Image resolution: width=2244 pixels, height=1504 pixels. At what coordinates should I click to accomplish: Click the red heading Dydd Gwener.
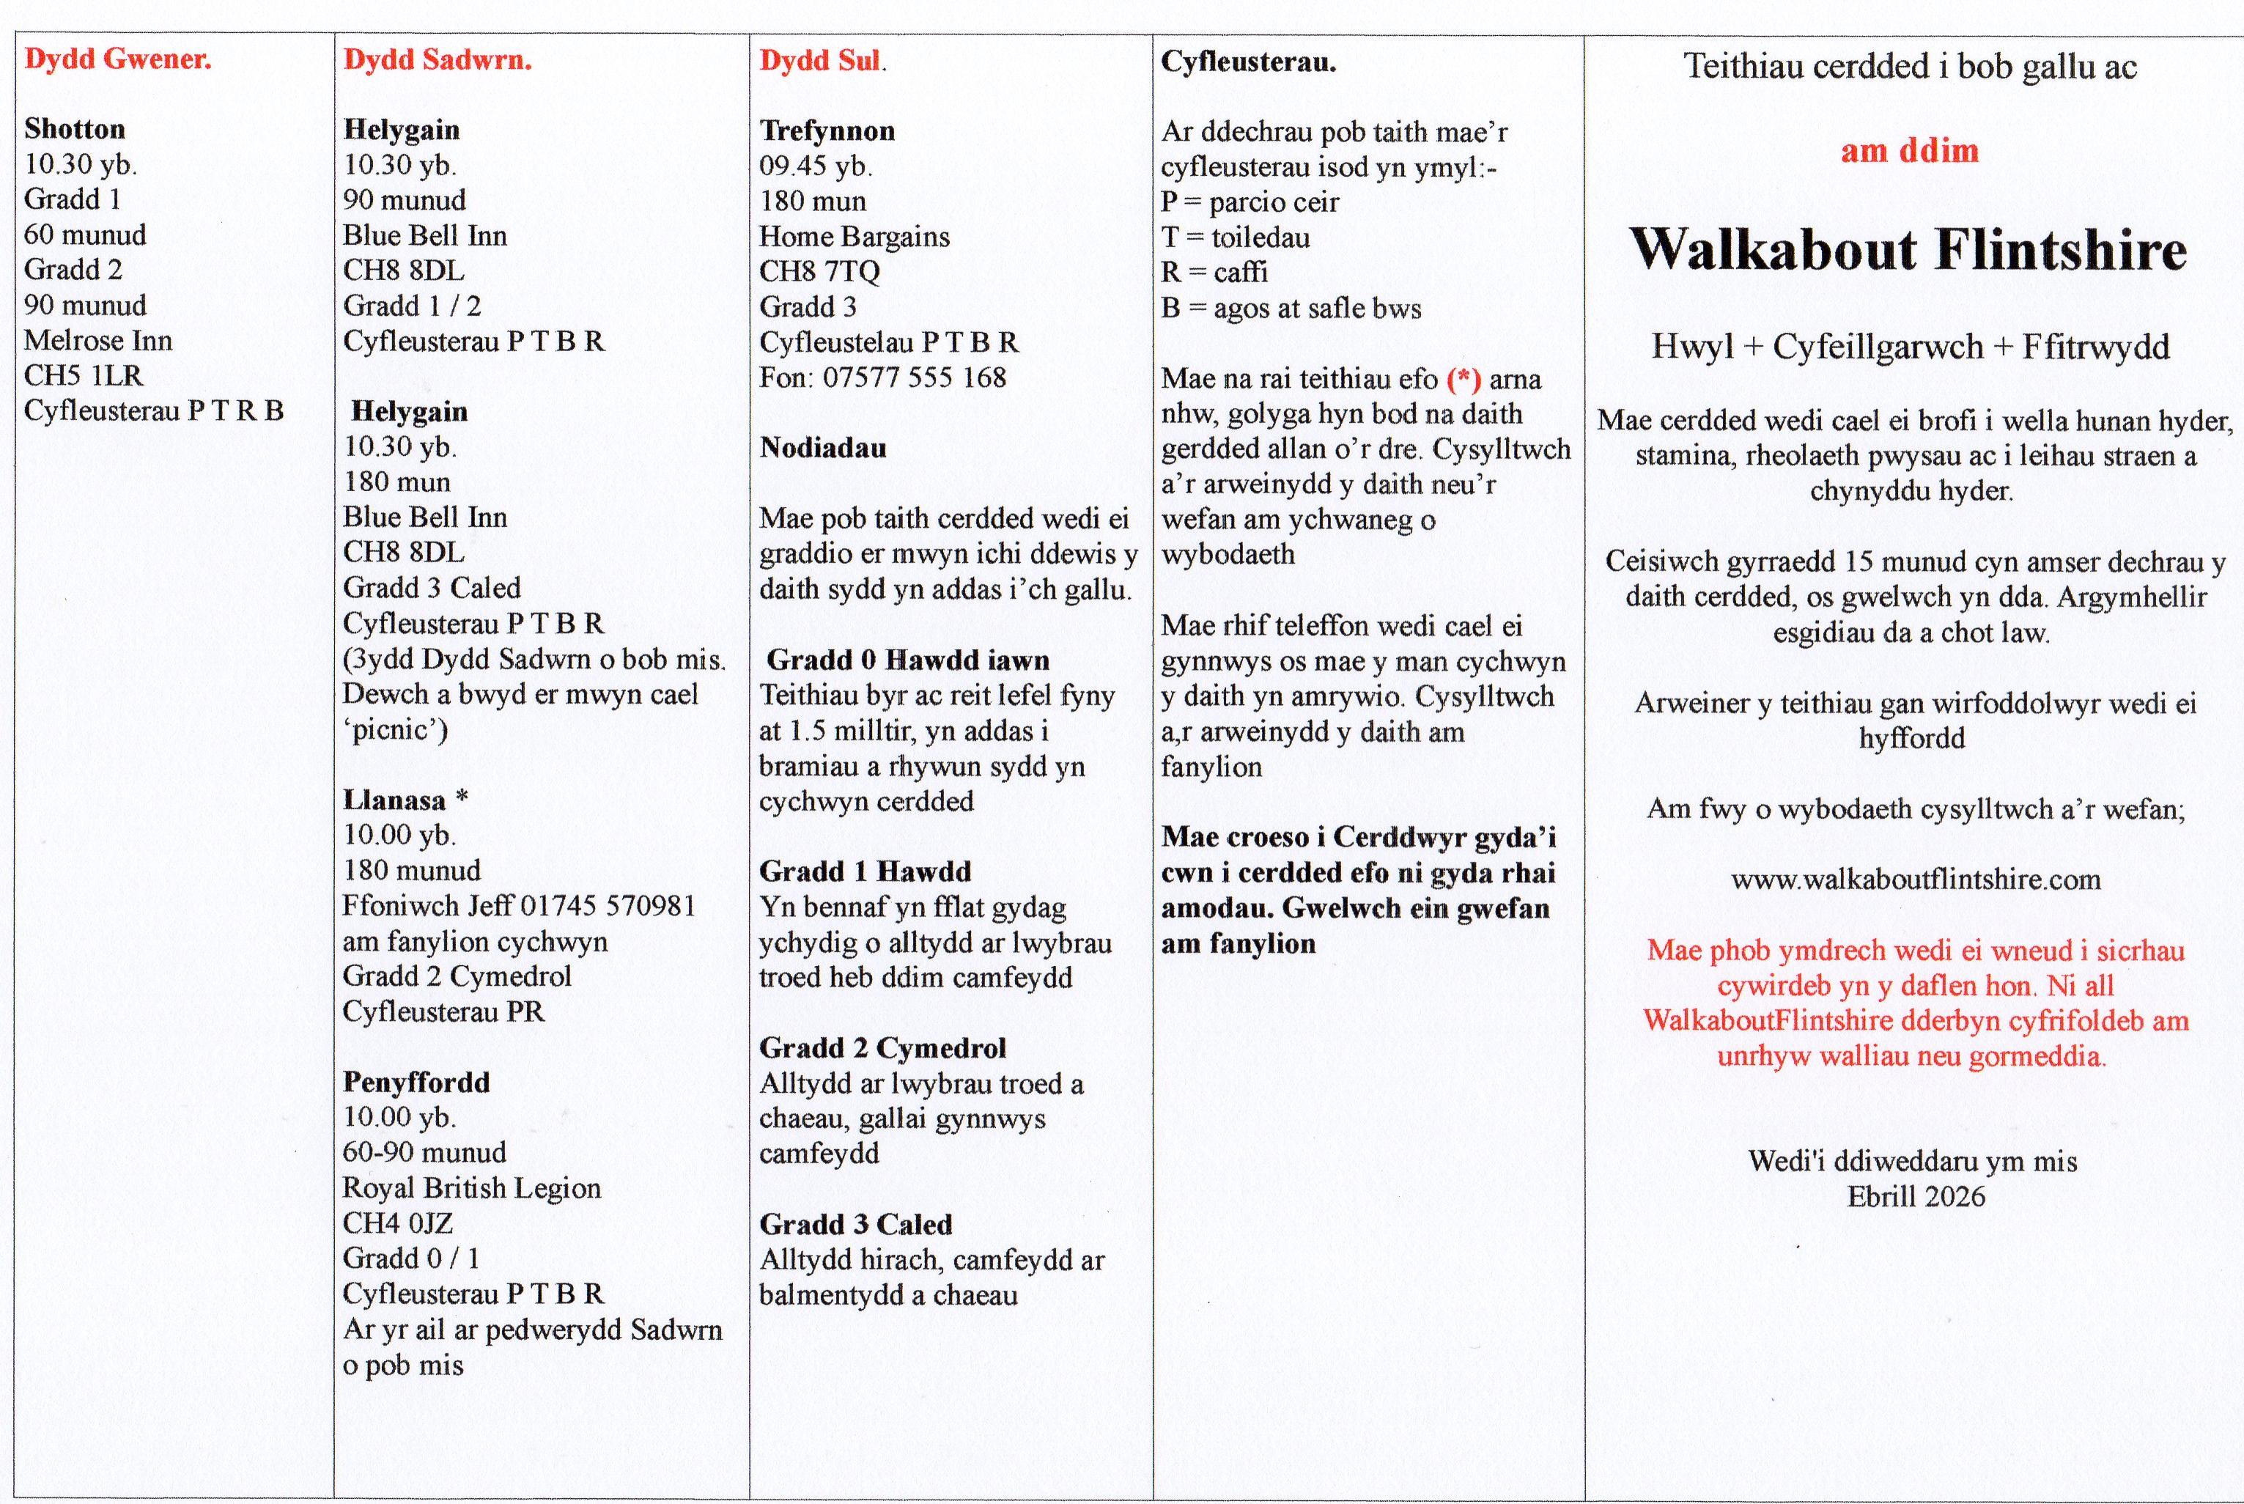(118, 59)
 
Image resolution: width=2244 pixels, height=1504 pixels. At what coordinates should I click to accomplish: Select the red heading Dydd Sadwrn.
(438, 60)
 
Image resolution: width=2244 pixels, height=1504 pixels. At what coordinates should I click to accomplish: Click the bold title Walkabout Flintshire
(1908, 251)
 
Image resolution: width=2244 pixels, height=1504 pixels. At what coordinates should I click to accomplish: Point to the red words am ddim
(1909, 150)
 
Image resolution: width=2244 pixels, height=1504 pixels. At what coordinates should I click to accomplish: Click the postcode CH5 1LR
(84, 375)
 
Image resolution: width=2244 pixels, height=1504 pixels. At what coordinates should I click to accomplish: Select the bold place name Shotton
(75, 128)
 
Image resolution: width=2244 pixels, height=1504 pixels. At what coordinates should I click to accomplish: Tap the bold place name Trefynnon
(827, 130)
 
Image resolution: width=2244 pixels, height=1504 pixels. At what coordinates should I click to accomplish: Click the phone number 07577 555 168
(914, 377)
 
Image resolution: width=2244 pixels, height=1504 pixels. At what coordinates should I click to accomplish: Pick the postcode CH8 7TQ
(819, 271)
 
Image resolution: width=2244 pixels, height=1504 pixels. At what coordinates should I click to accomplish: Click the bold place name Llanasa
(394, 800)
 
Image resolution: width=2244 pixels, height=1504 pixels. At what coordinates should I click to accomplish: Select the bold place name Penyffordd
(416, 1082)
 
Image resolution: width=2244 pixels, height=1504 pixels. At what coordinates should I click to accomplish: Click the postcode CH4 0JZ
(398, 1223)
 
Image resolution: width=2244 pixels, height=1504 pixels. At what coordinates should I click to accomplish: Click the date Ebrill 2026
(1915, 1197)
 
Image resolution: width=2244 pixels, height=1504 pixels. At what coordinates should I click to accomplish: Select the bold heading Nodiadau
(823, 448)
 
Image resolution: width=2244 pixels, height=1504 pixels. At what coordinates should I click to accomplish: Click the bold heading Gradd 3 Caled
(855, 1224)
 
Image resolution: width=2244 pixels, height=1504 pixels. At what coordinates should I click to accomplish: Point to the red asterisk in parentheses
(1464, 380)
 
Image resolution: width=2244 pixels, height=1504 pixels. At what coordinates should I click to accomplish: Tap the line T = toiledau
(1235, 237)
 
